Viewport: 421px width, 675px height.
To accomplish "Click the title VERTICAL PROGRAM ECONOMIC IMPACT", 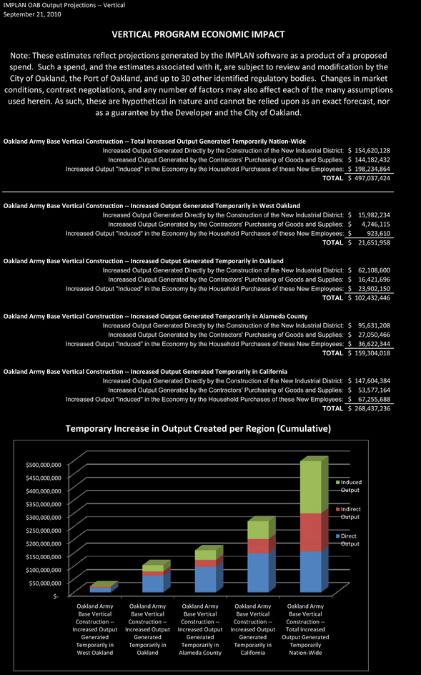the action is click(x=198, y=34).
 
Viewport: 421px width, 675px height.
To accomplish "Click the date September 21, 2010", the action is click(x=32, y=14).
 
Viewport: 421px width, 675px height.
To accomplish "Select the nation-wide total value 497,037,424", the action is click(x=372, y=178).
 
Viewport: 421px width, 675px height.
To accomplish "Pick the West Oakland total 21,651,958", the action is click(x=374, y=242).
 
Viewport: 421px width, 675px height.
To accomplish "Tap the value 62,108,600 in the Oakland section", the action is click(x=374, y=270).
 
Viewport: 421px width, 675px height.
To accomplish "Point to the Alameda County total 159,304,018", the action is click(x=372, y=353).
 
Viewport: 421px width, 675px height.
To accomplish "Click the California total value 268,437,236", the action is click(x=372, y=408).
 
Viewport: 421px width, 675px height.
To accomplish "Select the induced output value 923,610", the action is click(x=378, y=233).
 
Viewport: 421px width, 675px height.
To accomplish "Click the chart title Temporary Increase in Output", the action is click(x=198, y=428).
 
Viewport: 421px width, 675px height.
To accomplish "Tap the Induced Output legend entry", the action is click(x=349, y=486).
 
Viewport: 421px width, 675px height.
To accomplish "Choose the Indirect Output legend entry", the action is click(x=348, y=513).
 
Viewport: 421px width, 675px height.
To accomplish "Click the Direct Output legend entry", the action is click(x=347, y=540).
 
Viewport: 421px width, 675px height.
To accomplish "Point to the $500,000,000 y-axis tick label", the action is click(x=44, y=465).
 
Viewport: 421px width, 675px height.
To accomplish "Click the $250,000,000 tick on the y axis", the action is click(x=44, y=531).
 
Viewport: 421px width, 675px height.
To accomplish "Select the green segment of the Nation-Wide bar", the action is click(x=311, y=487).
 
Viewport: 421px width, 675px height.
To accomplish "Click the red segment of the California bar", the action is click(x=258, y=546).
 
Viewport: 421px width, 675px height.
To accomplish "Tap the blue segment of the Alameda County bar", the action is click(x=206, y=579).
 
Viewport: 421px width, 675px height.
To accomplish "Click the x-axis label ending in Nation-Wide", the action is click(x=305, y=629).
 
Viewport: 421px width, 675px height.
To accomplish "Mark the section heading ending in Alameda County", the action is click(x=155, y=316).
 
